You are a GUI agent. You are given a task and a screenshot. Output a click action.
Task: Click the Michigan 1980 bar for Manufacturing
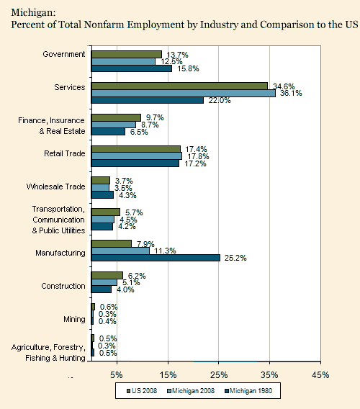point(155,257)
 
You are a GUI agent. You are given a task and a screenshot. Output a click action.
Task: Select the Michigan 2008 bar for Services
point(183,92)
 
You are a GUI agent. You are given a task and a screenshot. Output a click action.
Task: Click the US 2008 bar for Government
point(126,54)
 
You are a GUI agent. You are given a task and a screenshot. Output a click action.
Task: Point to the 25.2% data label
point(234,257)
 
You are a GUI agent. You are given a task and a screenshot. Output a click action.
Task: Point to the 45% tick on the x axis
point(320,374)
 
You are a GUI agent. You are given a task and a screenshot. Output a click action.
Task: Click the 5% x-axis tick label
point(116,374)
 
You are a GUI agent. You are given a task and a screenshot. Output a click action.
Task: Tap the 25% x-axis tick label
point(218,374)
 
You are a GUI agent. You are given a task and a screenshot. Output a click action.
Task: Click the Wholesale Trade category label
point(55,186)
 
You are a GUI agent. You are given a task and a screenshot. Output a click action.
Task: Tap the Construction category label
point(63,286)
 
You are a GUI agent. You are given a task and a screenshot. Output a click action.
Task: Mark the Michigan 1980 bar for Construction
point(101,289)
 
